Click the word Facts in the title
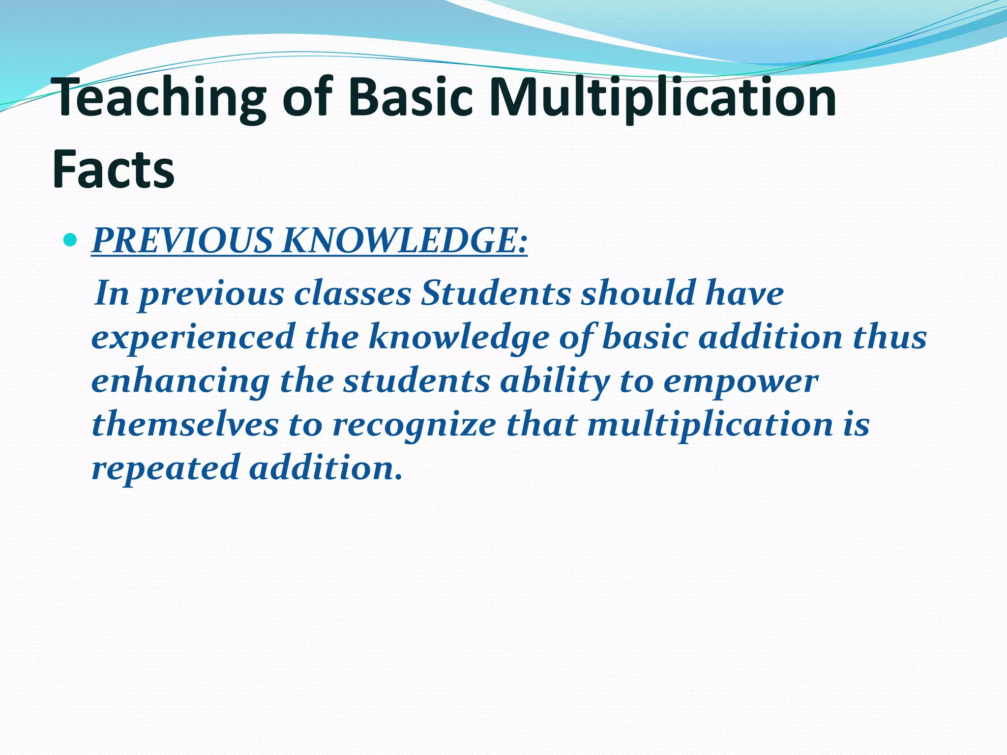tap(113, 170)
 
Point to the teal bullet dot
tap(71, 240)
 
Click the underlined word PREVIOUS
tap(182, 241)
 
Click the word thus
tap(889, 337)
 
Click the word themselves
tap(185, 424)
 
